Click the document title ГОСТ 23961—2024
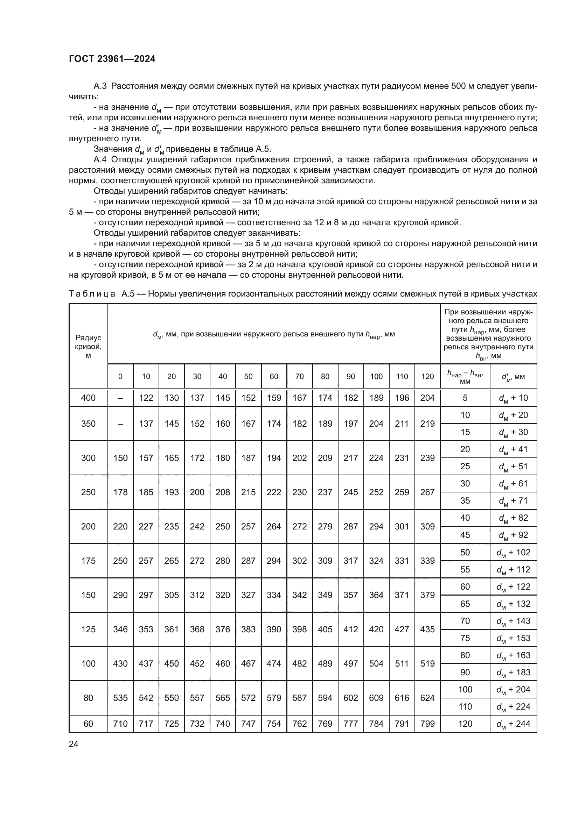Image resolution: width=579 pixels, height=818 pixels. (112, 59)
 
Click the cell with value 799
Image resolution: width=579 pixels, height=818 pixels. (427, 724)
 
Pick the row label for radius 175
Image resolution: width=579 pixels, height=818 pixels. (88, 561)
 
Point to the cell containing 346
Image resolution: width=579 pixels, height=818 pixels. (120, 629)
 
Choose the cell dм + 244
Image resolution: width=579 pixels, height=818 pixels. (513, 724)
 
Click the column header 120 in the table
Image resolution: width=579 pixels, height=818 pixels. (427, 377)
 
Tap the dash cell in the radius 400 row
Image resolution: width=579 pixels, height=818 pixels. (120, 398)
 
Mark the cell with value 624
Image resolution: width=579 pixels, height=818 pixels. (427, 698)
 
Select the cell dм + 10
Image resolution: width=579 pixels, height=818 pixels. (513, 398)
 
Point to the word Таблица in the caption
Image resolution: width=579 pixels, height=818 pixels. (92, 294)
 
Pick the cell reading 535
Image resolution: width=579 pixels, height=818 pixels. (120, 698)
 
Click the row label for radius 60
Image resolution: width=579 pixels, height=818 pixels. (88, 724)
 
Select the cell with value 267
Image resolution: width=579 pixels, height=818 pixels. (427, 492)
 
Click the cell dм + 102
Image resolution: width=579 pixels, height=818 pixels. (513, 552)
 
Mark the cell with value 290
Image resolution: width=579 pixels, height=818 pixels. (120, 595)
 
